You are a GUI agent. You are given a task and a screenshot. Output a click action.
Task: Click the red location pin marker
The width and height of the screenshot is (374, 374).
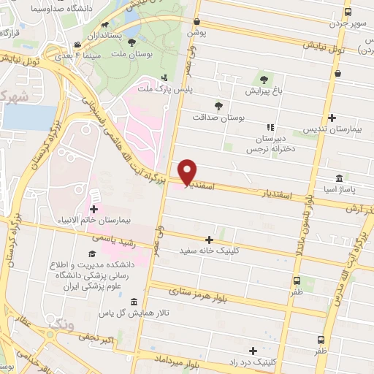pyautogui.click(x=188, y=171)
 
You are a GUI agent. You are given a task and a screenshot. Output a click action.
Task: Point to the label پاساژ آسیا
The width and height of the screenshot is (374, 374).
pyautogui.click(x=338, y=190)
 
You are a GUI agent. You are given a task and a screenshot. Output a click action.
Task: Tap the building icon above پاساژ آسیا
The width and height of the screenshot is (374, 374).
pyautogui.click(x=340, y=178)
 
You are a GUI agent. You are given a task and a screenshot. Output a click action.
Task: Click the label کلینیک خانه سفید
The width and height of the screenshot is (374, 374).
pyautogui.click(x=210, y=251)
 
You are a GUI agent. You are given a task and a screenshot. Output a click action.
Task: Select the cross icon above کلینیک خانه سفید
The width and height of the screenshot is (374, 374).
pyautogui.click(x=210, y=239)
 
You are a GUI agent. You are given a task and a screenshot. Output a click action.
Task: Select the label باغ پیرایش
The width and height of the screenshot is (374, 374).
pyautogui.click(x=261, y=92)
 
